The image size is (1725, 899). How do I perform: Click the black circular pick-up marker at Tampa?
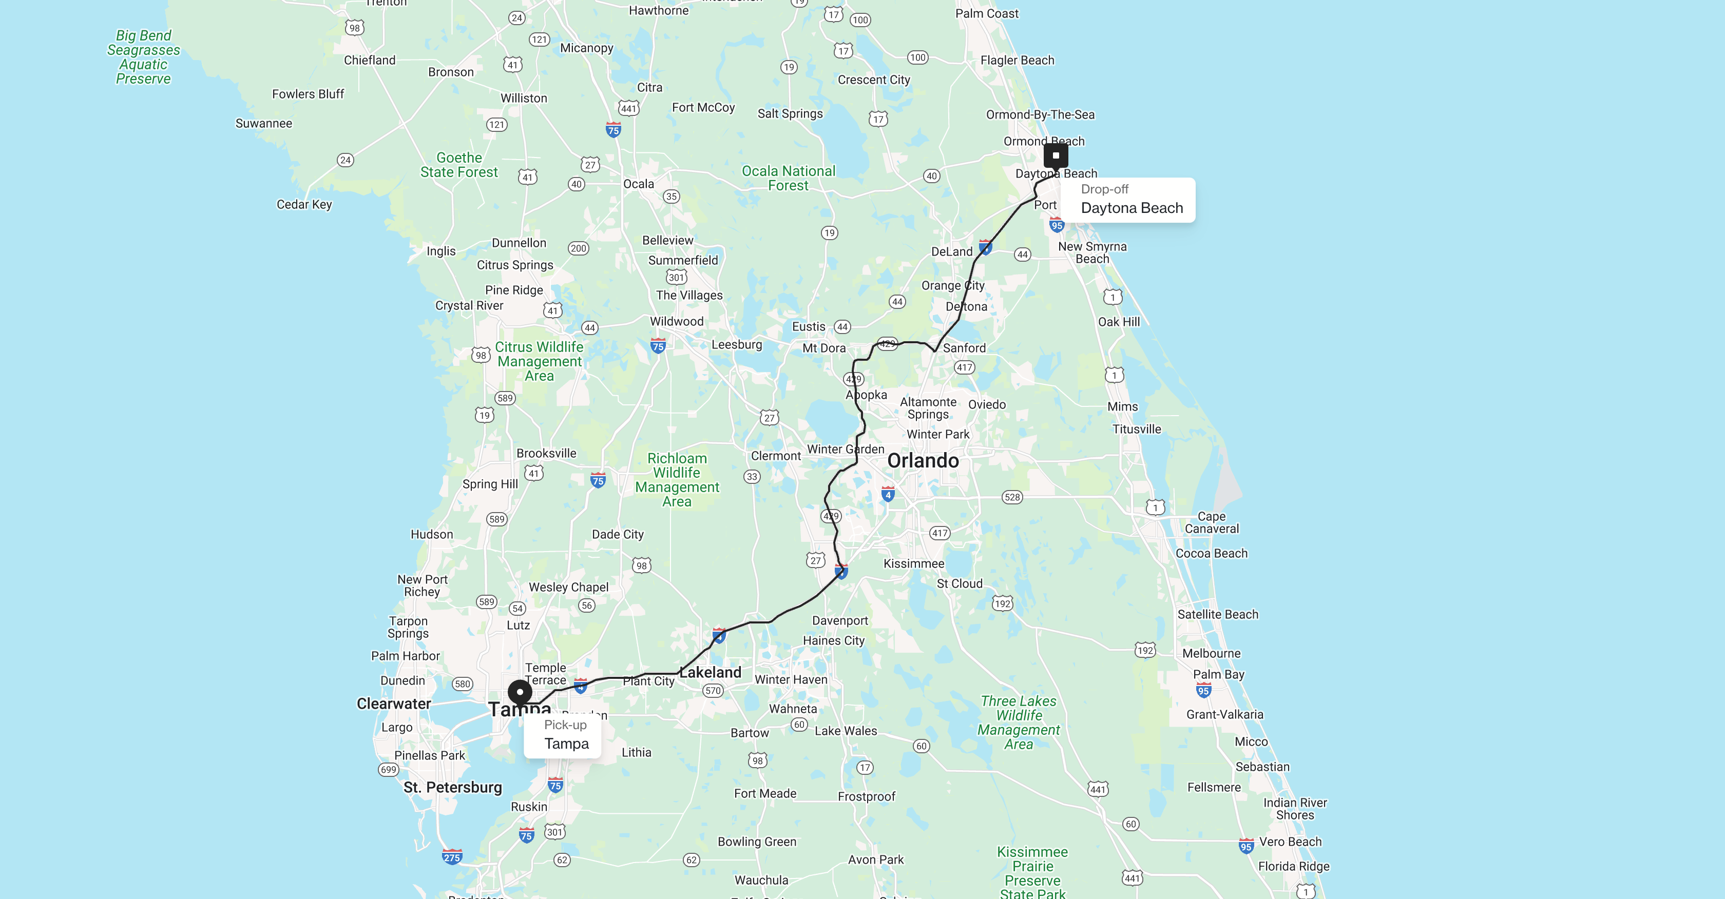click(x=520, y=692)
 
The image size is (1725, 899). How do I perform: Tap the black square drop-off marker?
click(x=1056, y=155)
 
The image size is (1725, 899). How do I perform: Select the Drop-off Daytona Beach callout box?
click(x=1131, y=200)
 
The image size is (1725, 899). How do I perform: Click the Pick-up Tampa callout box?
click(x=566, y=735)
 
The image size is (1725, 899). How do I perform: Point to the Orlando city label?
click(x=923, y=461)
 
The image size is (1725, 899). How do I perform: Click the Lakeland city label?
click(x=711, y=672)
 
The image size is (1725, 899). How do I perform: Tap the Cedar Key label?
click(x=304, y=204)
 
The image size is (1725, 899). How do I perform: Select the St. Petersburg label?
click(x=453, y=787)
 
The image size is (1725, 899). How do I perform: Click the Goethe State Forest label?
click(x=459, y=165)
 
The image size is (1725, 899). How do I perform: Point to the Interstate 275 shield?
click(x=452, y=857)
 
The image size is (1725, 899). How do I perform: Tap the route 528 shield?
click(x=1012, y=497)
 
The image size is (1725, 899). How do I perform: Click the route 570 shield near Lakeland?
click(x=713, y=690)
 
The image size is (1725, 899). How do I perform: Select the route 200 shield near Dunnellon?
click(x=579, y=248)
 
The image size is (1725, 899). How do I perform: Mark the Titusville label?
click(x=1136, y=429)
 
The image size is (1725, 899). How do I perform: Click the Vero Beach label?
click(x=1290, y=842)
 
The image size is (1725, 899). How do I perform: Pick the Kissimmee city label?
click(x=913, y=563)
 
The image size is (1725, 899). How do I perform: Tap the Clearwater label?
click(x=394, y=703)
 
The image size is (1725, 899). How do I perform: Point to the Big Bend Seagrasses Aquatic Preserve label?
click(x=143, y=57)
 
